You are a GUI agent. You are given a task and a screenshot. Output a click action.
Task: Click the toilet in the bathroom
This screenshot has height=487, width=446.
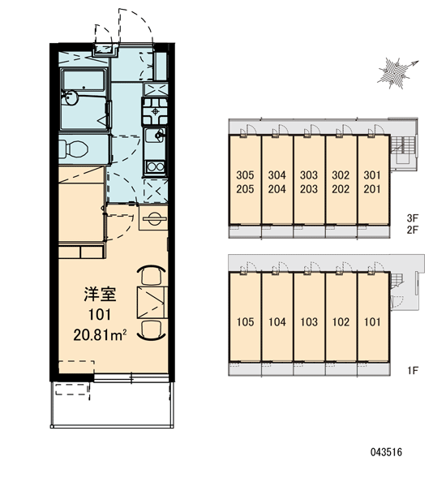(x=73, y=149)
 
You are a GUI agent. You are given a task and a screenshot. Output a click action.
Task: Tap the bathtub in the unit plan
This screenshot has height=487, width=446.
(x=84, y=80)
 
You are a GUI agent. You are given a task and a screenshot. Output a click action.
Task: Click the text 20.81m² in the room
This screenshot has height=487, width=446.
(x=100, y=335)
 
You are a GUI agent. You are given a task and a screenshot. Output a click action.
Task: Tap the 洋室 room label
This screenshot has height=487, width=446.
(x=100, y=295)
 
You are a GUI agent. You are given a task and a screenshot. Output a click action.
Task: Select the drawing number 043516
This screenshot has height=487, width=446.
(x=387, y=452)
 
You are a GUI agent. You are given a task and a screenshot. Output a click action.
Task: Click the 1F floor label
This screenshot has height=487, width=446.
(x=413, y=370)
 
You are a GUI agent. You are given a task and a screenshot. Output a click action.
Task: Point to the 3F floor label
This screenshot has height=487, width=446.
(x=413, y=218)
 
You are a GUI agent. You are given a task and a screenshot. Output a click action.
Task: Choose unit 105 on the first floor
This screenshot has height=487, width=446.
(x=245, y=321)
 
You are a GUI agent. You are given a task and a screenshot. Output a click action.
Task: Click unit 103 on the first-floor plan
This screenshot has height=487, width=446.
(x=309, y=321)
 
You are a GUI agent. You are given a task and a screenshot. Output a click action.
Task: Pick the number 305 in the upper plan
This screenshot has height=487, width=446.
(x=245, y=175)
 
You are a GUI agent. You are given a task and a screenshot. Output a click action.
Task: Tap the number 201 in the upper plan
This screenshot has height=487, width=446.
(x=372, y=189)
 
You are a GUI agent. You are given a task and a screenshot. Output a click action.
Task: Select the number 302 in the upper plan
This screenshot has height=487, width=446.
(x=341, y=175)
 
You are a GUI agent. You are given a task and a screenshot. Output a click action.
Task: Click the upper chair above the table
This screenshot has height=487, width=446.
(x=151, y=274)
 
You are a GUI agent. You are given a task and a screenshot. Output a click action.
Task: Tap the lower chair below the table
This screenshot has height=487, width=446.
(x=151, y=330)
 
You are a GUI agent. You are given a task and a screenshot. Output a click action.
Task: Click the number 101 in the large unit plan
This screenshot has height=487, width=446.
(x=100, y=315)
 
